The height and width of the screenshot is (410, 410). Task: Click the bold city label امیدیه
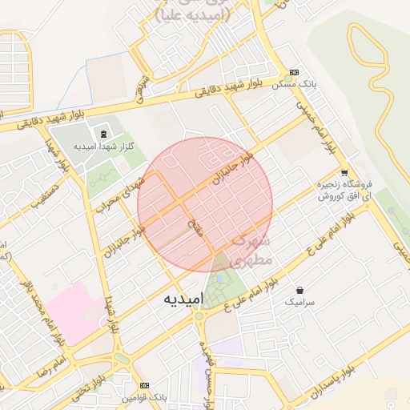point(183,298)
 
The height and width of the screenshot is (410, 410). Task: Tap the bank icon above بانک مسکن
point(294,71)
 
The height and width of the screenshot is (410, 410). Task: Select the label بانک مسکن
point(294,84)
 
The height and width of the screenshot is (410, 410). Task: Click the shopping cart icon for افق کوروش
point(344,172)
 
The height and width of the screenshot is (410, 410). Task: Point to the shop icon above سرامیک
point(299,290)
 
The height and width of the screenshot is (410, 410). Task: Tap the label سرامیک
point(299,303)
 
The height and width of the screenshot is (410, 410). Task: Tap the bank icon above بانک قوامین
point(144,385)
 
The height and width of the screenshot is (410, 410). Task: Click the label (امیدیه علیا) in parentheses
point(193,14)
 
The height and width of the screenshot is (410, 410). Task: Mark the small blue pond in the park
point(219,278)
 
